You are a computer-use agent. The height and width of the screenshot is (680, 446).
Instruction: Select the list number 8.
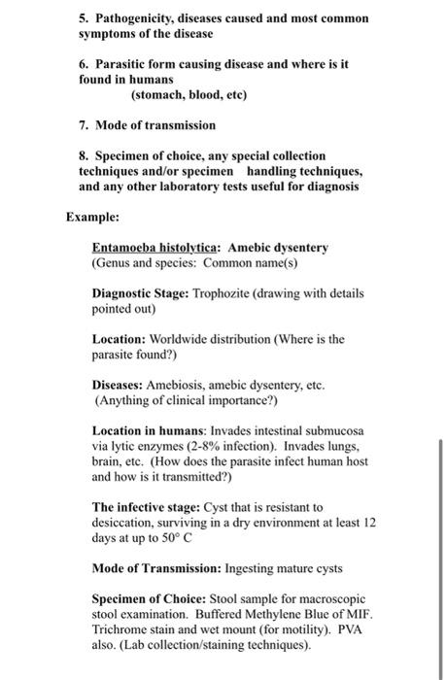pos(84,155)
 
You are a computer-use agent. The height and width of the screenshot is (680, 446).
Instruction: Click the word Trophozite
pos(227,292)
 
